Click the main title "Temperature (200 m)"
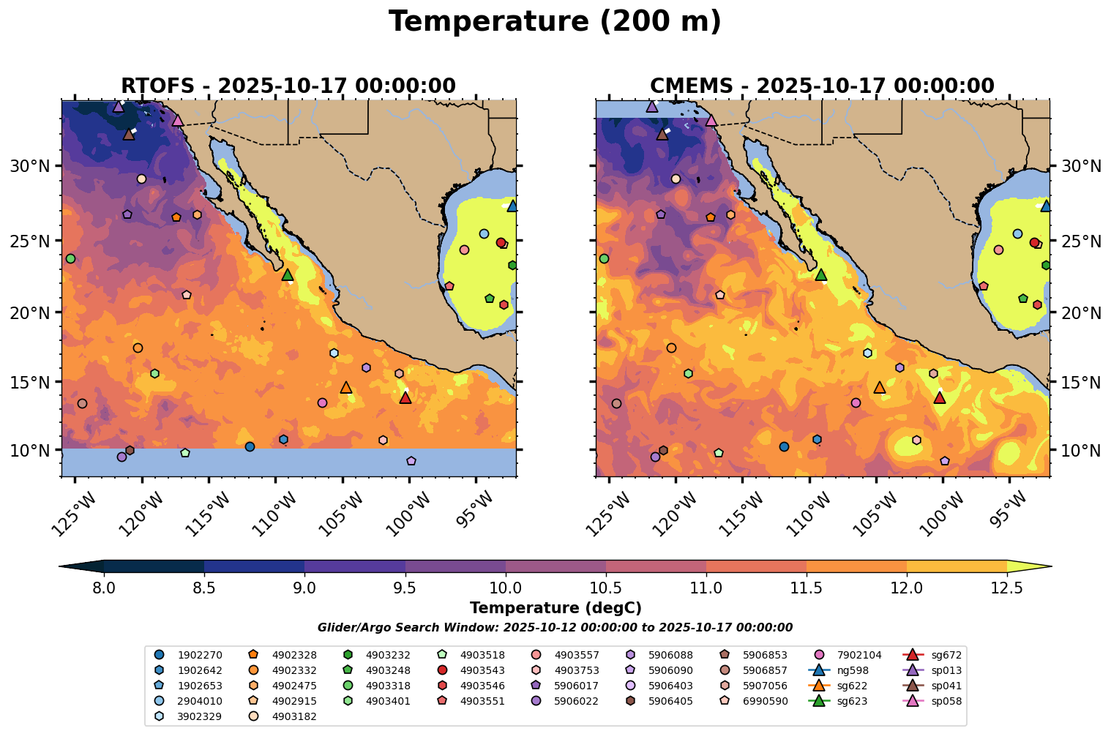tap(555, 22)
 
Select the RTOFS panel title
tap(288, 86)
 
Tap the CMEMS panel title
tap(822, 86)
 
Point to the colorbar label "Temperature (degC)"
tap(555, 608)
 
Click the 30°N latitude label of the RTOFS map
tap(30, 166)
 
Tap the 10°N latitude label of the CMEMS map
tap(1080, 450)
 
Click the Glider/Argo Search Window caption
tap(555, 628)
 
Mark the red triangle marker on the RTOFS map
tap(405, 397)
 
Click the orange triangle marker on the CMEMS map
tap(880, 387)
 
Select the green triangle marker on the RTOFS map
tap(288, 274)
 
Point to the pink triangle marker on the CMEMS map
tap(711, 120)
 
